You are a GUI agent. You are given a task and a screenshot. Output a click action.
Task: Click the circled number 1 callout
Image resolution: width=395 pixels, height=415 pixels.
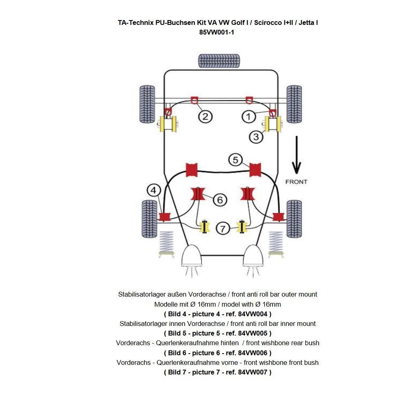(x=248, y=117)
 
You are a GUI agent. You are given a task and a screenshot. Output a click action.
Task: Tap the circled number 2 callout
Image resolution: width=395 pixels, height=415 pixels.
(x=205, y=117)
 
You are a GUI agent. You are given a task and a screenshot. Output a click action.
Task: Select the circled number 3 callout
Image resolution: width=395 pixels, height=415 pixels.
(x=256, y=137)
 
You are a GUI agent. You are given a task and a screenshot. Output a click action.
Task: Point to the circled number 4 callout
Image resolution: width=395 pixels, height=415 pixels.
(x=154, y=190)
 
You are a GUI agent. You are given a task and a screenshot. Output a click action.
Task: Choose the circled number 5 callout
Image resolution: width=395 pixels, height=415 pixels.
(x=236, y=160)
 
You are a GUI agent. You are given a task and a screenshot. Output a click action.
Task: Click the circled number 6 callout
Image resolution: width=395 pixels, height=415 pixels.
(x=220, y=199)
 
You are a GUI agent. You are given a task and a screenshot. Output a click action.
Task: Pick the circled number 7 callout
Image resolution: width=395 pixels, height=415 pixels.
(x=223, y=229)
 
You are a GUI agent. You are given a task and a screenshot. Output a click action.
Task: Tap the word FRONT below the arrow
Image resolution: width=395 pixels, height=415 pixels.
(x=296, y=182)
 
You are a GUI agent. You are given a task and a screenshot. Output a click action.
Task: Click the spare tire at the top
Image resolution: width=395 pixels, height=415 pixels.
(x=219, y=61)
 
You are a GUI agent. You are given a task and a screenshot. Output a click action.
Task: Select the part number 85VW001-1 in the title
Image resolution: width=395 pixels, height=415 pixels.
(x=217, y=33)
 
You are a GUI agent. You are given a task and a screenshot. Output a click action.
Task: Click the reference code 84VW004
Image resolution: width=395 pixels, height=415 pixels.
(x=253, y=314)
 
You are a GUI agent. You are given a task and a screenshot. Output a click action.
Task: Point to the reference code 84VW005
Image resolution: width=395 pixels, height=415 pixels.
(x=253, y=333)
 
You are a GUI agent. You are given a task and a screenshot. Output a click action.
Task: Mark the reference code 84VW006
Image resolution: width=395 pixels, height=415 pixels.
(x=253, y=353)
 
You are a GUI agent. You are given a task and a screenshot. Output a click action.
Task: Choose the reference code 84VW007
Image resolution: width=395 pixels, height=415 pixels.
(x=253, y=372)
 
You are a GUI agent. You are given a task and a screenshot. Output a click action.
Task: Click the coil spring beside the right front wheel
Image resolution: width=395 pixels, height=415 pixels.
(x=275, y=243)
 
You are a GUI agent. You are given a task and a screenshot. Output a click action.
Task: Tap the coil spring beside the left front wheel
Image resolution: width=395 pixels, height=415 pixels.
(x=167, y=243)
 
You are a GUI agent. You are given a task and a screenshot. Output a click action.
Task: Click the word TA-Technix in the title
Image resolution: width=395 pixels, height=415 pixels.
(x=136, y=22)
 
